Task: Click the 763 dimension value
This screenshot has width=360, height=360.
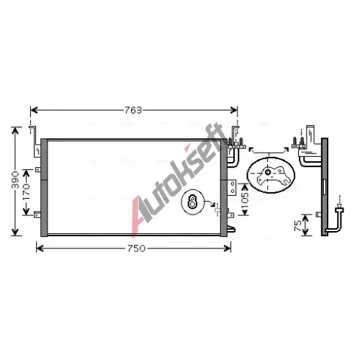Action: (x=133, y=110)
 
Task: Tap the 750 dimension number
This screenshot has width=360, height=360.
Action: (x=137, y=248)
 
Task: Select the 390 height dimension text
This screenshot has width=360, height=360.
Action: (x=16, y=180)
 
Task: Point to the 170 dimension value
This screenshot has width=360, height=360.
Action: (x=26, y=192)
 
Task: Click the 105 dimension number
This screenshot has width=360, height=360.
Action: (x=246, y=201)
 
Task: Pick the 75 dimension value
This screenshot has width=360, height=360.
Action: (x=298, y=226)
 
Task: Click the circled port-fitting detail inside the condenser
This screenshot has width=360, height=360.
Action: (x=192, y=202)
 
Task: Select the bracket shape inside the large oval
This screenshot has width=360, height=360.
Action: (x=273, y=176)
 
